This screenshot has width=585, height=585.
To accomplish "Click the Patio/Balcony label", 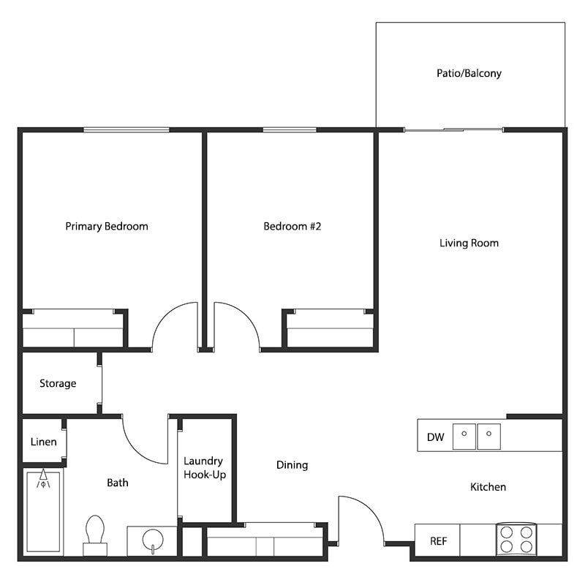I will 469,73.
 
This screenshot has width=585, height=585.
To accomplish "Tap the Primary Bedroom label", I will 107,226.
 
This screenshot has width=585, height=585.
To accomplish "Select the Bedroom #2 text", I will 292,226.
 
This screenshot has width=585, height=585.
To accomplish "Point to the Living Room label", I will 469,243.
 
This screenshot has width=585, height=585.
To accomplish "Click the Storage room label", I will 58,383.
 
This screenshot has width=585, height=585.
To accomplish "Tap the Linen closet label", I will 43,442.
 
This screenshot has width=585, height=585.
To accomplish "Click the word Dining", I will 292,464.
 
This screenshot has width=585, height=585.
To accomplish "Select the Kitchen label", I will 488,487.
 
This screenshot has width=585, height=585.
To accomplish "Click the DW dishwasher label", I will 435,437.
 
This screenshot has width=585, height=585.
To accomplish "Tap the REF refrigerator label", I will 438,542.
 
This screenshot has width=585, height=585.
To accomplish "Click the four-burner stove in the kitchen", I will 516,540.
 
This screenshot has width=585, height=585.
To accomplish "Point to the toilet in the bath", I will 95,534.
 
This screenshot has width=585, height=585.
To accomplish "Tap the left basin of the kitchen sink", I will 464,437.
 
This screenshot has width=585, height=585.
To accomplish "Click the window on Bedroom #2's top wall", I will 290,130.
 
